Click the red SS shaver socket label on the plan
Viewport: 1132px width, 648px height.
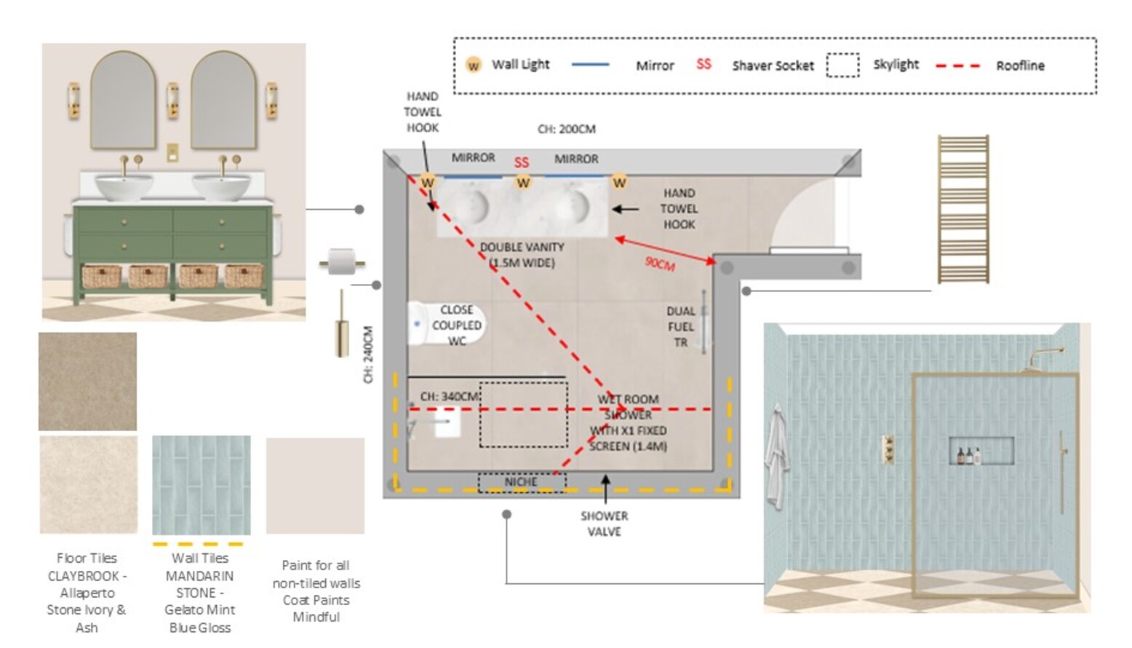(x=522, y=162)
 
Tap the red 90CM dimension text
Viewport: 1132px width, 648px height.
(x=660, y=264)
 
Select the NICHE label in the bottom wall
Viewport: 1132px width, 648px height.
(x=521, y=482)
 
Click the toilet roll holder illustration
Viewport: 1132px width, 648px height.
(x=342, y=261)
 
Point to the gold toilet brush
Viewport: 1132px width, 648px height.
(x=342, y=323)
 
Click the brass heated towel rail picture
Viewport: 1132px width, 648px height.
(x=963, y=209)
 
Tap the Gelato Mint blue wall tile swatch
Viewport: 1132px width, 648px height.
(x=201, y=485)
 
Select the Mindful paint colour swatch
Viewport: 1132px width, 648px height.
(x=315, y=486)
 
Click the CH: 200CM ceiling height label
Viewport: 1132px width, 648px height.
(x=567, y=129)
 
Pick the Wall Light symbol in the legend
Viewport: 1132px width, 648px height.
(x=474, y=66)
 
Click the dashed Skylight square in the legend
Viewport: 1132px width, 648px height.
(x=842, y=66)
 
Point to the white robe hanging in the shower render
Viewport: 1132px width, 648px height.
(x=776, y=457)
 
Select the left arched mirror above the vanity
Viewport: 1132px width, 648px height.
(x=123, y=100)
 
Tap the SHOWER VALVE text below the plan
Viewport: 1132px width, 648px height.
(x=605, y=523)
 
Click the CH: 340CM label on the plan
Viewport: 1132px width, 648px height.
(x=450, y=397)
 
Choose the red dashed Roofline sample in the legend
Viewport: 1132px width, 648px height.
(x=957, y=66)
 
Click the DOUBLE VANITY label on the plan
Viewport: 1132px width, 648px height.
(x=522, y=248)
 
